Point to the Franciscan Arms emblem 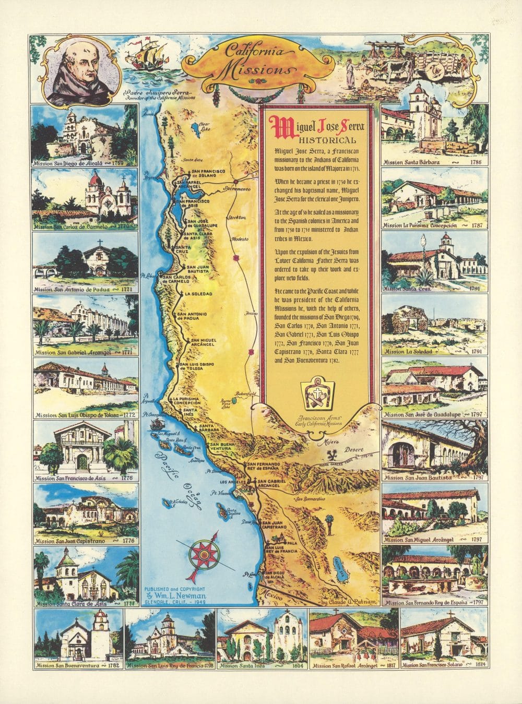tap(320, 397)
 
